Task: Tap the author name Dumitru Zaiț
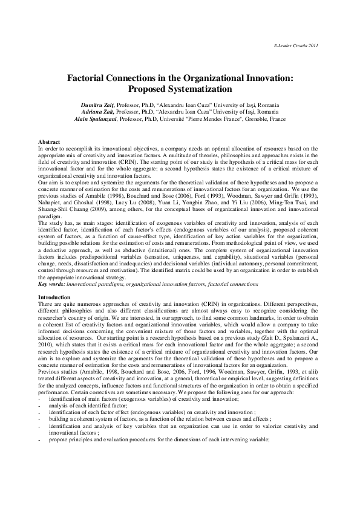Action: click(x=98, y=105)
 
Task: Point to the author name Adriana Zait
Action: click(x=97, y=112)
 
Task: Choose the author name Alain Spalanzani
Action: click(x=96, y=119)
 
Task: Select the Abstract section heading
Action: click(x=49, y=141)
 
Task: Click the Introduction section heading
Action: click(x=54, y=297)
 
